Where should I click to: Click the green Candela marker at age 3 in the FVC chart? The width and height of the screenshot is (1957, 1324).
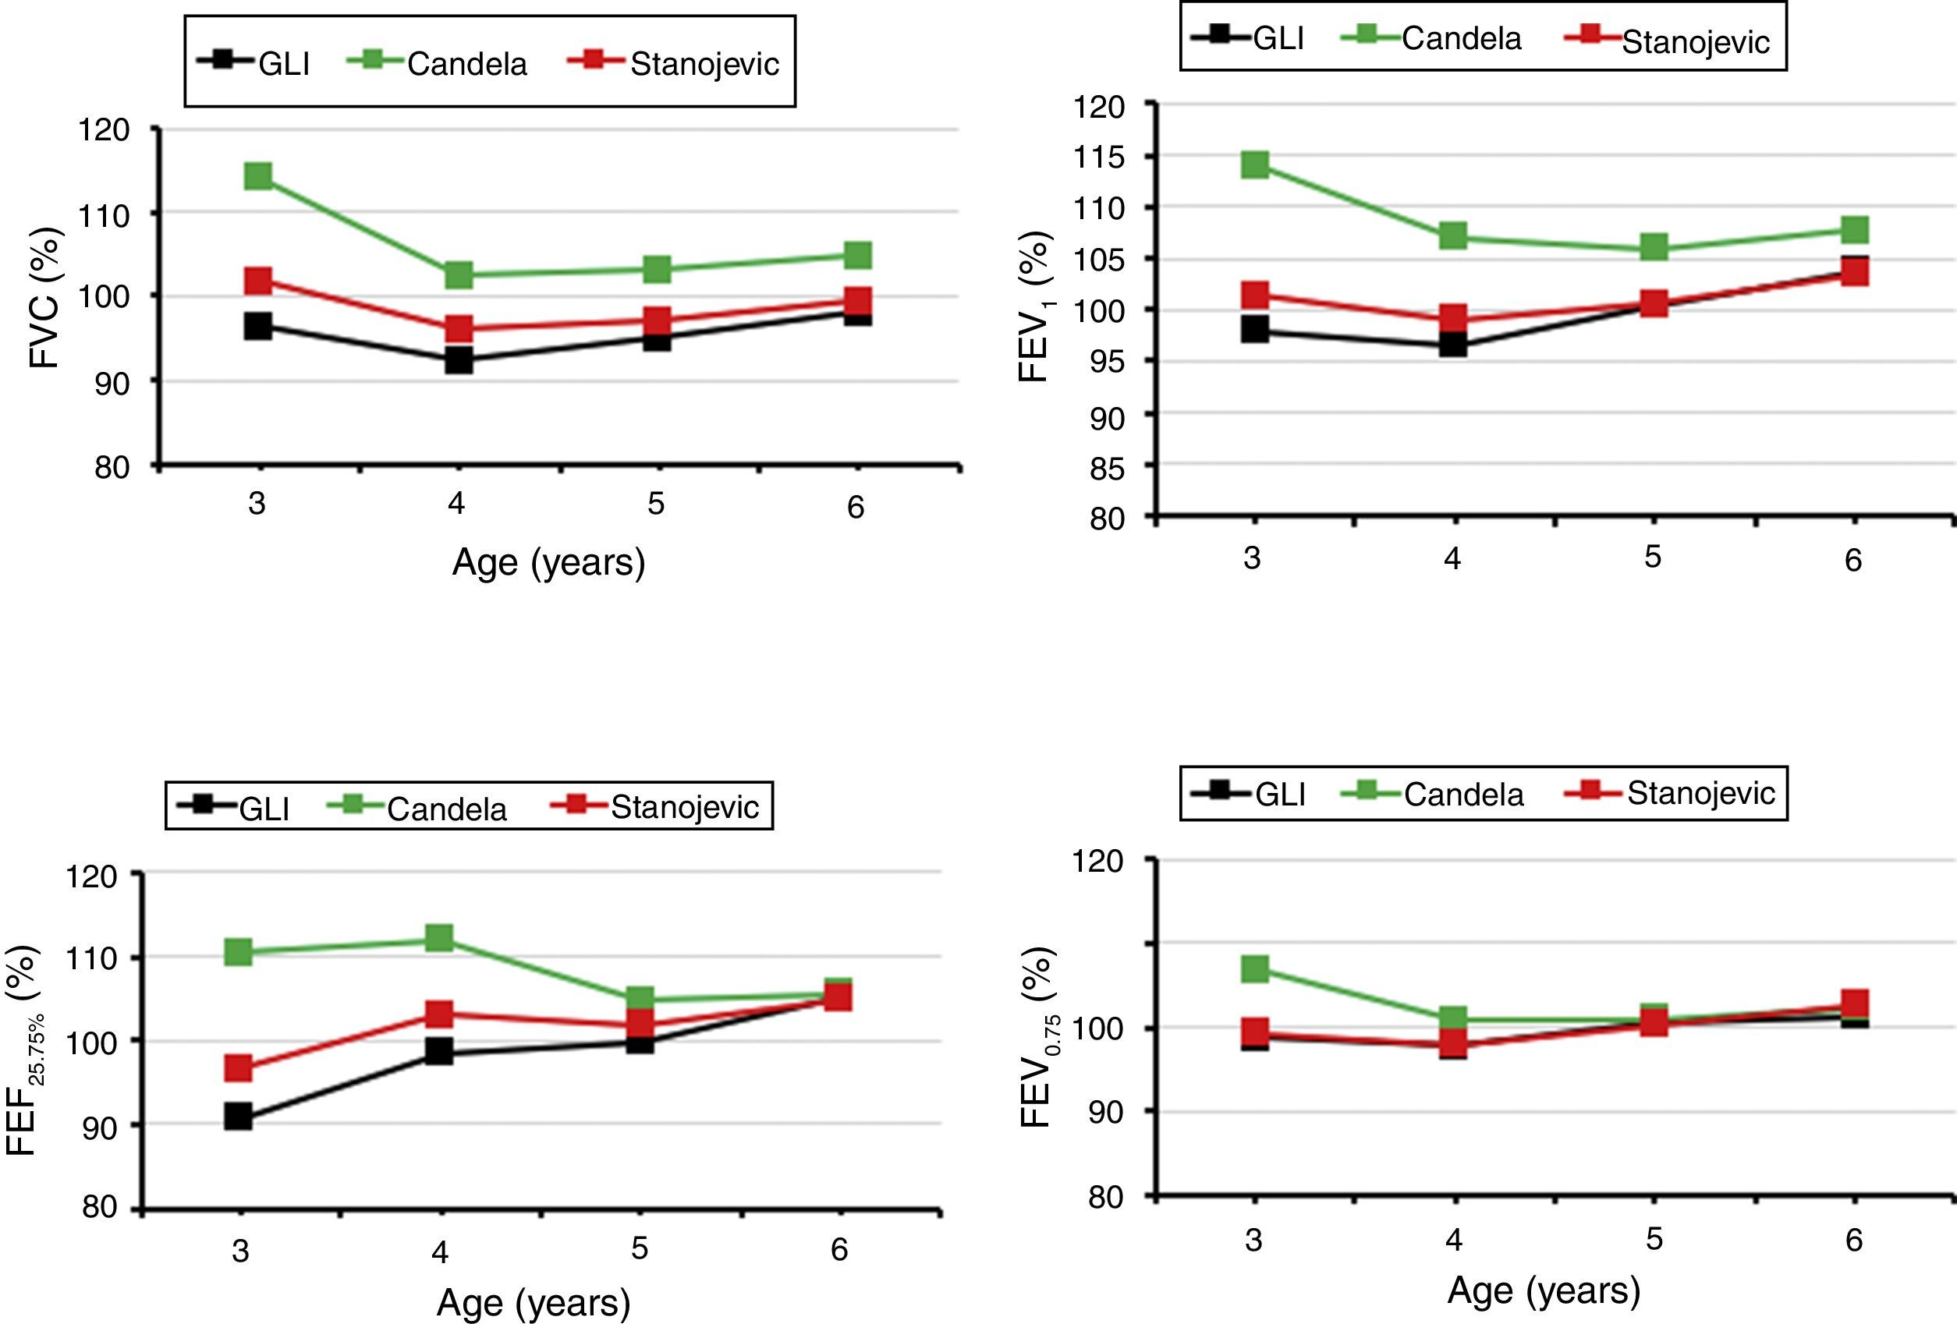(257, 177)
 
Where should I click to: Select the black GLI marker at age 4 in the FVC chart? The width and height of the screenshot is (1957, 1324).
(458, 360)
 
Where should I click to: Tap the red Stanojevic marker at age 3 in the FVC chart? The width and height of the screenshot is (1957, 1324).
(257, 280)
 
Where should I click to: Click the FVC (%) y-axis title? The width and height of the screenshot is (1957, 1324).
(45, 298)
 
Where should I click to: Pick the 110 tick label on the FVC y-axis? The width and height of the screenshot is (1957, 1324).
(104, 215)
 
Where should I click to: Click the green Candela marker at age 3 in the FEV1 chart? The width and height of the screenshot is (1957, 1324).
(1255, 164)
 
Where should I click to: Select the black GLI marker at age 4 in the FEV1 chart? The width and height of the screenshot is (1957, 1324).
(1452, 345)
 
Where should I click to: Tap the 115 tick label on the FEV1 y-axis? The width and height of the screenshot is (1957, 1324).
(1099, 158)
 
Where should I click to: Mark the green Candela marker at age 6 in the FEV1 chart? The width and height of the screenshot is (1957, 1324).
(1854, 230)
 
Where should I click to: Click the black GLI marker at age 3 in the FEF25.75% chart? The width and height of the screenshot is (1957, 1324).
(239, 1117)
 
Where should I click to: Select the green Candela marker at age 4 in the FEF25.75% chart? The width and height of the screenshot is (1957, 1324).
(438, 938)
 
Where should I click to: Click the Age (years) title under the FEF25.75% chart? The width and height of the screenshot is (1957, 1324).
(533, 1303)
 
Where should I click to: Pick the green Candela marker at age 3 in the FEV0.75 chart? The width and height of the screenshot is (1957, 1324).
(1255, 968)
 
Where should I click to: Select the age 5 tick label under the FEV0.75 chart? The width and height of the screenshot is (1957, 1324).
(1654, 1239)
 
